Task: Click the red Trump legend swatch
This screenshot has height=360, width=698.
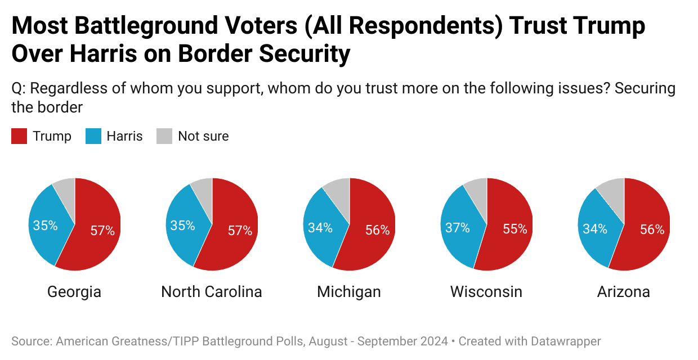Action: (19, 136)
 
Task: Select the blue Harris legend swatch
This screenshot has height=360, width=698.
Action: (93, 136)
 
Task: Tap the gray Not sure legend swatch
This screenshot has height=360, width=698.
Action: (164, 136)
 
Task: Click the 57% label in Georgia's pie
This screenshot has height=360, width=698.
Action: (102, 231)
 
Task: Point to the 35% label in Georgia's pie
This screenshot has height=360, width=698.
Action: (45, 226)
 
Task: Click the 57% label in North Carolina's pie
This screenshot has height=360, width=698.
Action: (240, 231)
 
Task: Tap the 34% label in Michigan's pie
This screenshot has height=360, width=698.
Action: (320, 228)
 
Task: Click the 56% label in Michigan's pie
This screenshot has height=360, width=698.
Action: (377, 230)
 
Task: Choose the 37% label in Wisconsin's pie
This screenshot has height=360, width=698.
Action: (458, 228)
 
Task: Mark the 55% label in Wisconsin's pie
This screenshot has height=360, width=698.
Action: (515, 229)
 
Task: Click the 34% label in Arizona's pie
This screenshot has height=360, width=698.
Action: (594, 228)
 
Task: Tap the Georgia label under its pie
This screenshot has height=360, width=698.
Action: (74, 292)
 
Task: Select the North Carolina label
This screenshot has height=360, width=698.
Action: (212, 292)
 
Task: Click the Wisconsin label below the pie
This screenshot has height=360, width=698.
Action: (486, 292)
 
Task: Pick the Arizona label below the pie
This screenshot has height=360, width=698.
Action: (624, 292)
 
